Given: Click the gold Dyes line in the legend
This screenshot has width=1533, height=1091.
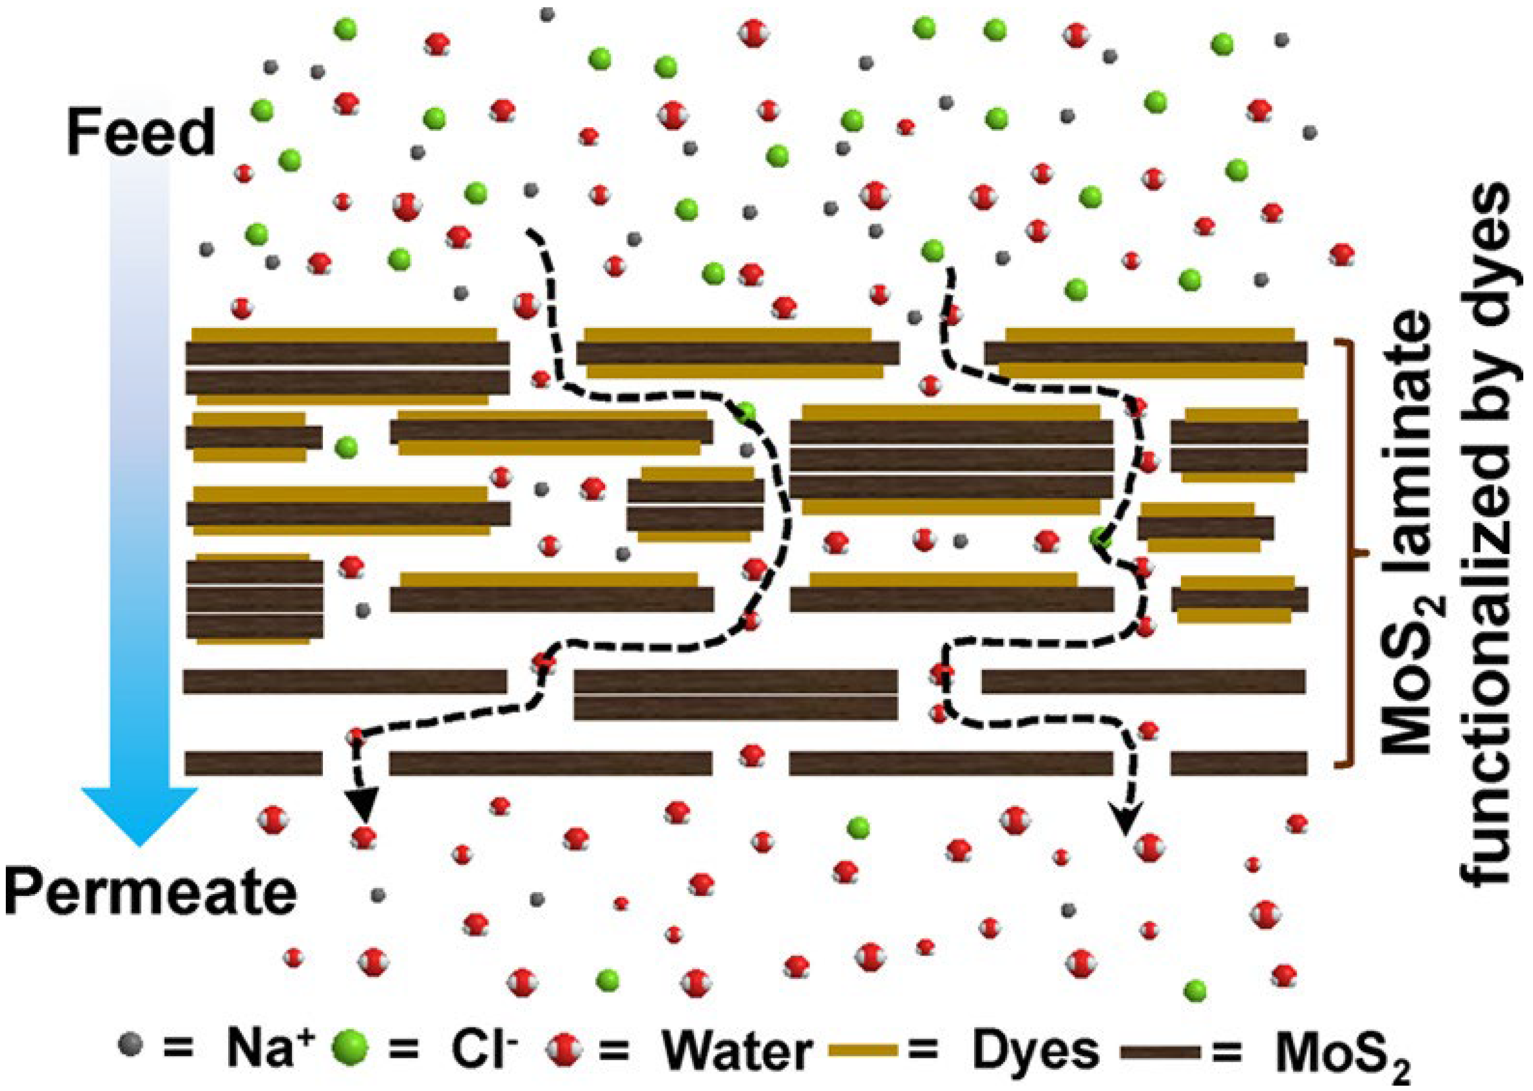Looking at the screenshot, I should point(863,1051).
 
